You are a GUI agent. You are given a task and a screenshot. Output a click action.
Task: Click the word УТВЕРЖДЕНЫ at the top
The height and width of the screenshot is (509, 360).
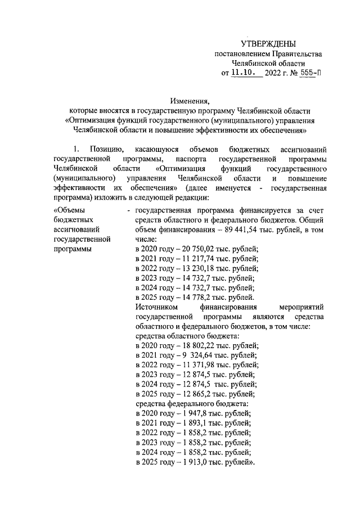coord(268,44)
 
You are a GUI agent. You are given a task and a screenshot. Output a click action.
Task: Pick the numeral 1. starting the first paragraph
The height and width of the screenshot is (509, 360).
coord(77,149)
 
